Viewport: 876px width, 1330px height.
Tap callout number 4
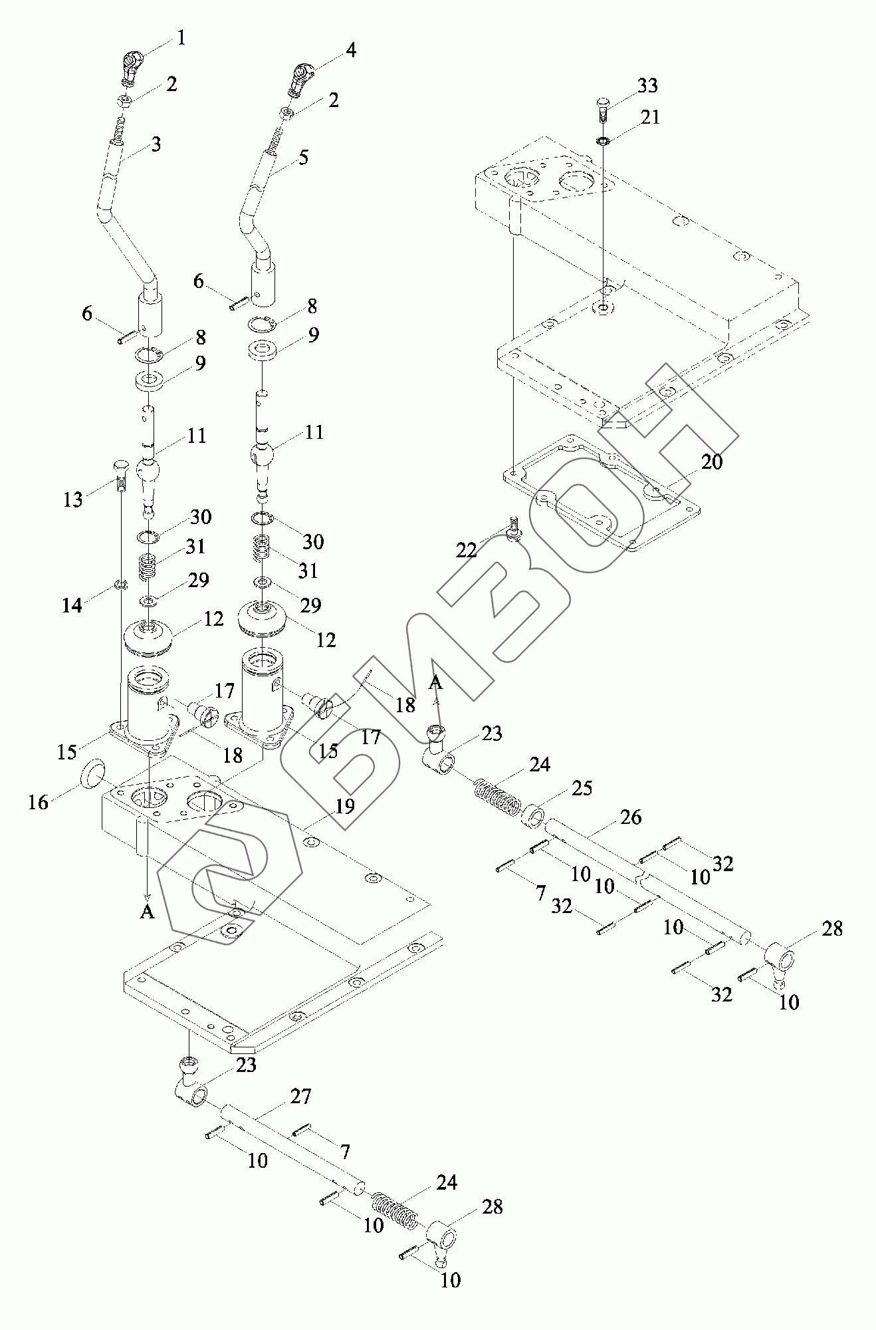350,50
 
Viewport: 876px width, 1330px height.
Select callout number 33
647,86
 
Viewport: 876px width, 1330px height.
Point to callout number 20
711,461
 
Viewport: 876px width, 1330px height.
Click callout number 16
39,803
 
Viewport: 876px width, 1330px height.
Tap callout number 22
467,549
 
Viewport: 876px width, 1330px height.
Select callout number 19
345,806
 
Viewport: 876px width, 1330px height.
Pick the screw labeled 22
513,529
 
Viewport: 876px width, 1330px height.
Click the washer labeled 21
602,141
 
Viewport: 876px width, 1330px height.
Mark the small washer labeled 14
120,585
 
